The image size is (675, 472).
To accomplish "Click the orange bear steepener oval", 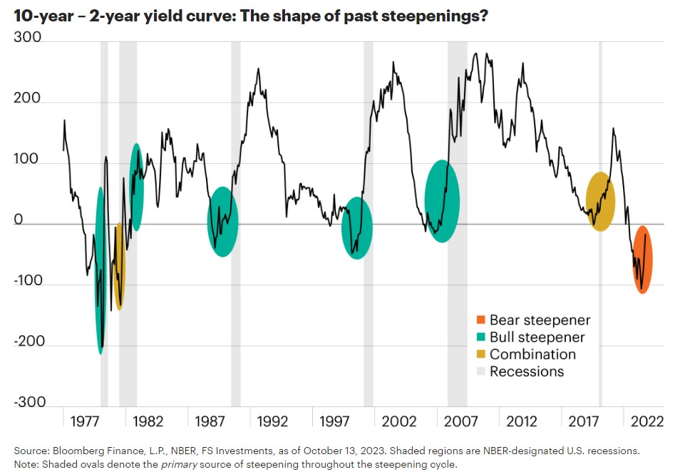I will click(x=642, y=260).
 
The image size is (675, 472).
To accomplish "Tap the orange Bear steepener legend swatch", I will click(x=481, y=321).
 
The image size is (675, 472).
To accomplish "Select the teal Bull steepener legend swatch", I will click(x=481, y=338).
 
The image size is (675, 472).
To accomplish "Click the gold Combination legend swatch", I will click(x=481, y=354).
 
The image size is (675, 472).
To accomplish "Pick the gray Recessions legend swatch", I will click(x=481, y=371).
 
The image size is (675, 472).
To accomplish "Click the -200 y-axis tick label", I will click(x=28, y=342).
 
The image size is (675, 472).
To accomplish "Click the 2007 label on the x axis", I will click(x=462, y=421).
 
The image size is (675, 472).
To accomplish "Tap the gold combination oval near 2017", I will click(x=600, y=202).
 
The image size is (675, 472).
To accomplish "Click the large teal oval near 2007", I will click(x=442, y=201).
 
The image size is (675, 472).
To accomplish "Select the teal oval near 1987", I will click(x=223, y=222).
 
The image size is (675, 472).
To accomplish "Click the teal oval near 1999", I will click(x=356, y=228).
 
